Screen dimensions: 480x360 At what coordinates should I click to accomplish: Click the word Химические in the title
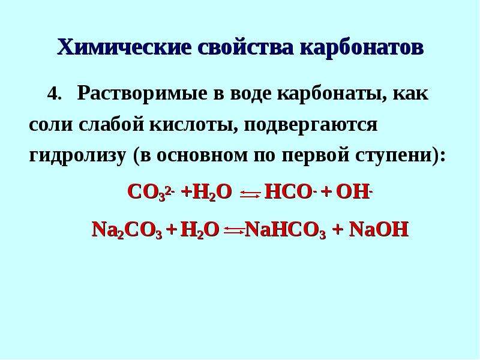point(124,47)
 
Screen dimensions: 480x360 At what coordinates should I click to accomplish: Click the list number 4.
point(55,94)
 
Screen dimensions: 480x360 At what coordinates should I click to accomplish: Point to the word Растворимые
point(142,94)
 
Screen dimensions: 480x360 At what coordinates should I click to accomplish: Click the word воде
point(250,94)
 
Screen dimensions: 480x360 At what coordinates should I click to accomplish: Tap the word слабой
point(111,124)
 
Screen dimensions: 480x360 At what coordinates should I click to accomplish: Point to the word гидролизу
point(77,155)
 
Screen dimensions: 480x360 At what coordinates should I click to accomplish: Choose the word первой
point(316,155)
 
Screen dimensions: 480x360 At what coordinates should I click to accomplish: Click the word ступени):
point(400,155)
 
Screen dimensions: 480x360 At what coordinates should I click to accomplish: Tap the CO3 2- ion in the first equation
point(151,193)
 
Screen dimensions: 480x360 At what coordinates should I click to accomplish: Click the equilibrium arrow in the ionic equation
point(250,193)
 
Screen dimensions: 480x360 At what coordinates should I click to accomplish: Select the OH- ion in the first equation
point(354,193)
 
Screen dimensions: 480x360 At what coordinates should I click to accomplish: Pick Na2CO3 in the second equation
point(127,230)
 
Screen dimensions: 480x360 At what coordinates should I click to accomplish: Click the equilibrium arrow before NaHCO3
point(235,231)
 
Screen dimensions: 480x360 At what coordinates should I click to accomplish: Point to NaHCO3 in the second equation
point(286,230)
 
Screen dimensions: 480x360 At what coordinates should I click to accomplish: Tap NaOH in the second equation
point(379,229)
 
